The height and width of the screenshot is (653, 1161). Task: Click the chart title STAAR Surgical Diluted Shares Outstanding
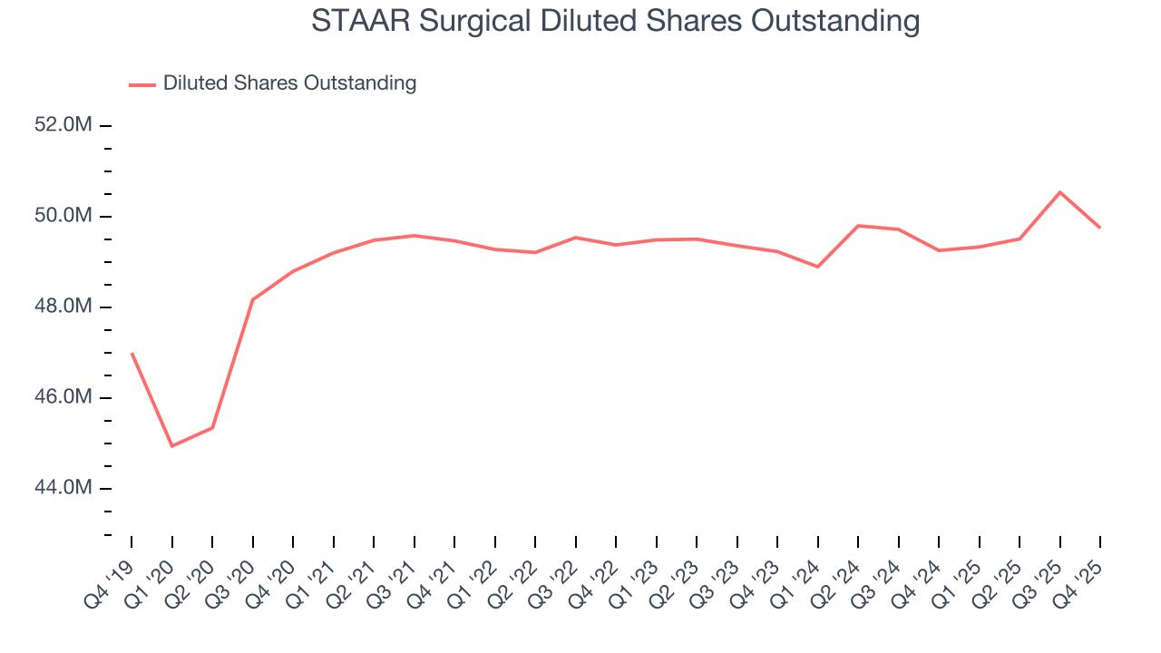pyautogui.click(x=615, y=21)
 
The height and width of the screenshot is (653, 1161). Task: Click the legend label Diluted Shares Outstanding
pyautogui.click(x=289, y=83)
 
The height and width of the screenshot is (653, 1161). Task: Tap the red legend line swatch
pyautogui.click(x=142, y=84)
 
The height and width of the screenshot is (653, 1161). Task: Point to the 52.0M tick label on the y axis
pyautogui.click(x=63, y=125)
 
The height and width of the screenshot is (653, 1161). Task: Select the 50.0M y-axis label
pyautogui.click(x=63, y=216)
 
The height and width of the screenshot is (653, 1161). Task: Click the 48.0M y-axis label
pyautogui.click(x=63, y=307)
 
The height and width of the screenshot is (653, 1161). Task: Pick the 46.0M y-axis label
pyautogui.click(x=63, y=397)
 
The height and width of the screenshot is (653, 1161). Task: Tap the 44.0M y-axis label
pyautogui.click(x=63, y=488)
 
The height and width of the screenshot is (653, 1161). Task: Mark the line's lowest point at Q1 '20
pyautogui.click(x=172, y=446)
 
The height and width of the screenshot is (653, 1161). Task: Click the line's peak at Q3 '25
pyautogui.click(x=1060, y=192)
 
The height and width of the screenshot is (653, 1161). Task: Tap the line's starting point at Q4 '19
pyautogui.click(x=132, y=353)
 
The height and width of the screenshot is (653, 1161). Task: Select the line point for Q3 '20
pyautogui.click(x=252, y=299)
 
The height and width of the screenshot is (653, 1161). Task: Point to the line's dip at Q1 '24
pyautogui.click(x=818, y=267)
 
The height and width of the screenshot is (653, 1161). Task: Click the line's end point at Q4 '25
pyautogui.click(x=1100, y=228)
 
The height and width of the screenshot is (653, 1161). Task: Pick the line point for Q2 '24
pyautogui.click(x=858, y=226)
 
